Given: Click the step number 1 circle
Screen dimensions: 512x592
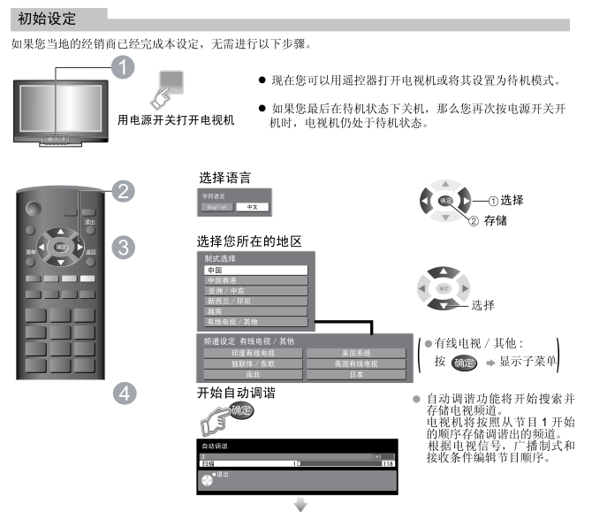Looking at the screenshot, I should (x=127, y=67).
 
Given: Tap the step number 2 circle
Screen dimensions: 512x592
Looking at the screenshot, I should (x=125, y=190).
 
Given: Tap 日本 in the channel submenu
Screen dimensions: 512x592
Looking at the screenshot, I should (x=356, y=374).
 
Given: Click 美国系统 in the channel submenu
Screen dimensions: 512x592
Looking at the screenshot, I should (x=356, y=353).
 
